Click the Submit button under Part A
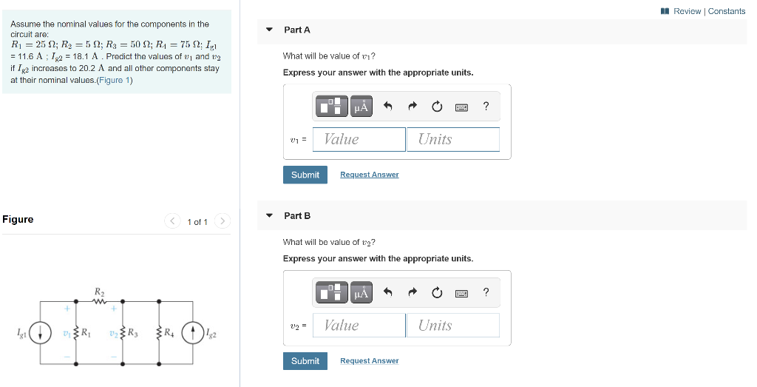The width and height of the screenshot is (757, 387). point(305,175)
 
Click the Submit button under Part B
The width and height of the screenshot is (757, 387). point(305,361)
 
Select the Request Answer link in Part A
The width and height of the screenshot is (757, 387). point(369,175)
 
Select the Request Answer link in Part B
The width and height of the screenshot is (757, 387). point(369,361)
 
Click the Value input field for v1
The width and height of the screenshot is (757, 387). point(359,139)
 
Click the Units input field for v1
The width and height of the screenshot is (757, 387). point(452,139)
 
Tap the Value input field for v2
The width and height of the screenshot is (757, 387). point(359,326)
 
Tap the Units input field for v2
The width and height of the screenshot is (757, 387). point(452,326)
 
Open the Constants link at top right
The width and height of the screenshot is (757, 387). point(726,11)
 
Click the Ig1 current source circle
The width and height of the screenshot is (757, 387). point(40,333)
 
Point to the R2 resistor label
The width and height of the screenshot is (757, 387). point(98,292)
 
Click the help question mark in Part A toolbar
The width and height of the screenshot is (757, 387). point(486,107)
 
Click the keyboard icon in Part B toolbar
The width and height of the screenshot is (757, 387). point(461,293)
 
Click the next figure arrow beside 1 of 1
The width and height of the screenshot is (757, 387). point(223,221)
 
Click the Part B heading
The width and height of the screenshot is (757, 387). point(297,215)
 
